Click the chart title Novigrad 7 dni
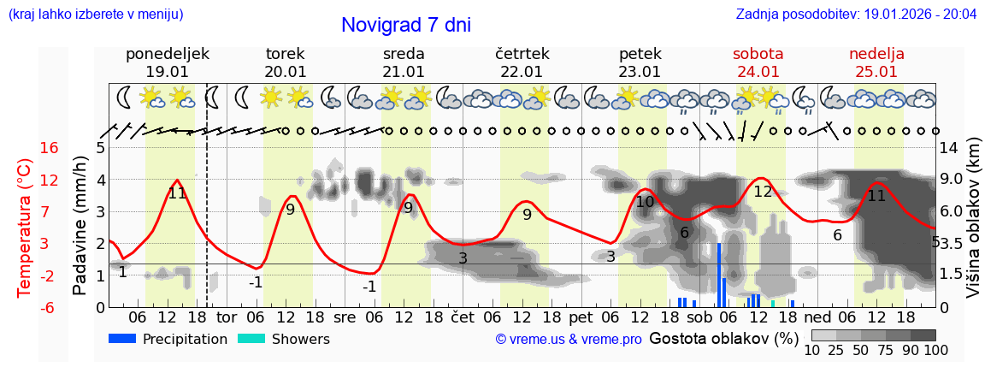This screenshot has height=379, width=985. click(406, 25)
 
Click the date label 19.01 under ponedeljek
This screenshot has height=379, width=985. click(167, 72)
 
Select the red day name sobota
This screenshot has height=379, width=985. click(758, 54)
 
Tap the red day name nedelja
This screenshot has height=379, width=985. click(876, 54)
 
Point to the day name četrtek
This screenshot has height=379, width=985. click(522, 54)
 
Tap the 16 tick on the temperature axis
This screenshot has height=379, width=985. click(50, 148)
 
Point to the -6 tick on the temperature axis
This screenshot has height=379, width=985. click(50, 306)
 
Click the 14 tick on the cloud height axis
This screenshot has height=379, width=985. click(948, 148)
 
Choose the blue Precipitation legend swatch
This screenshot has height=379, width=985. click(122, 339)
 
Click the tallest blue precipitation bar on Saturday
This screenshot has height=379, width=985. click(719, 275)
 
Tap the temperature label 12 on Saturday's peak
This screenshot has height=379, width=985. click(763, 192)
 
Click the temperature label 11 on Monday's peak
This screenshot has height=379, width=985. click(177, 193)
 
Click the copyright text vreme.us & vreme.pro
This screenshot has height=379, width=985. click(569, 340)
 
